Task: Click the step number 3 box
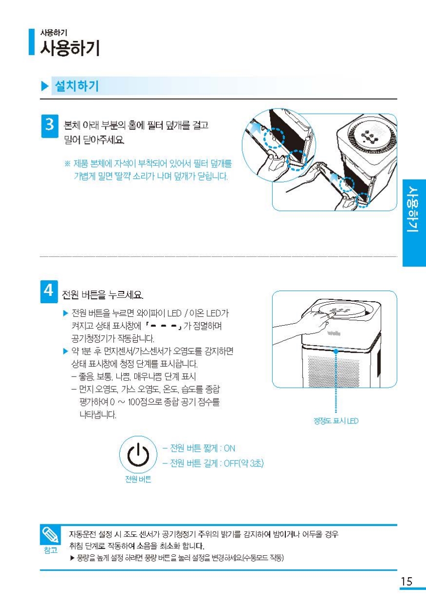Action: point(50,126)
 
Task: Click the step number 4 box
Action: point(49,292)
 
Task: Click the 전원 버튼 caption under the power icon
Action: point(138,479)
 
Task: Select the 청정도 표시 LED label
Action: point(336,421)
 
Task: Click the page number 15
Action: point(406,581)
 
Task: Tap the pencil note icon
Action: point(50,535)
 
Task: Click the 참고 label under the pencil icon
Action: point(50,550)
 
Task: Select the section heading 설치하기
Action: point(77,86)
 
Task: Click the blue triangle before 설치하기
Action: point(44,86)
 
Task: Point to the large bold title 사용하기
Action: point(70,48)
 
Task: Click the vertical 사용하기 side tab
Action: point(414,209)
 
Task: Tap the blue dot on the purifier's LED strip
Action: point(336,352)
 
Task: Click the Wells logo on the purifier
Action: point(334,334)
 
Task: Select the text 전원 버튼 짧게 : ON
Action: point(199,448)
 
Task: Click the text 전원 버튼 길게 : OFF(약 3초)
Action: point(213,463)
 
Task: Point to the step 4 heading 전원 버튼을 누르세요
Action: point(103,294)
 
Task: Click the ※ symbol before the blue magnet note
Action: point(67,164)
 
